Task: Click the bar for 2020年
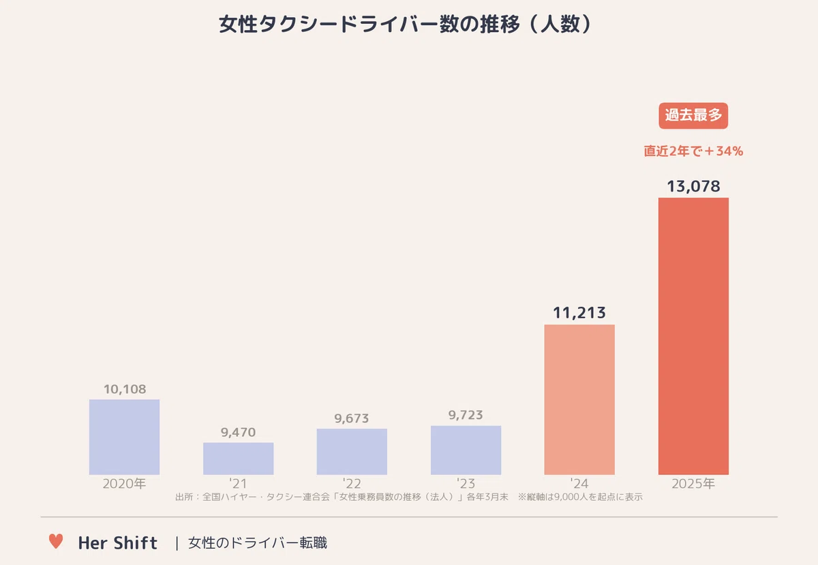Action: [124, 437]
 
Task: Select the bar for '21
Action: [238, 459]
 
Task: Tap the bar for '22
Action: [352, 451]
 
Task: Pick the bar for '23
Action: [466, 450]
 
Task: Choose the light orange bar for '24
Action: [579, 399]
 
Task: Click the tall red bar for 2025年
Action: [693, 336]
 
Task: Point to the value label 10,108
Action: [125, 389]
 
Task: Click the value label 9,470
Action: [238, 432]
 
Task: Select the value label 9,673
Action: [352, 418]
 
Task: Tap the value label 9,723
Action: [466, 415]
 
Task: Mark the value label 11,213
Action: [579, 313]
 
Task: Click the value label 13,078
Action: [693, 186]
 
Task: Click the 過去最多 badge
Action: [693, 115]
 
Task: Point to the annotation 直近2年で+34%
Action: [693, 151]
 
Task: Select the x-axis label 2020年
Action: [124, 483]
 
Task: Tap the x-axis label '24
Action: [579, 483]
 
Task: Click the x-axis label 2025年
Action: [693, 483]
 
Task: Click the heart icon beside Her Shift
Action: [56, 541]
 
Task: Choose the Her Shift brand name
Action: [117, 543]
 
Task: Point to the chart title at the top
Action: [406, 24]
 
